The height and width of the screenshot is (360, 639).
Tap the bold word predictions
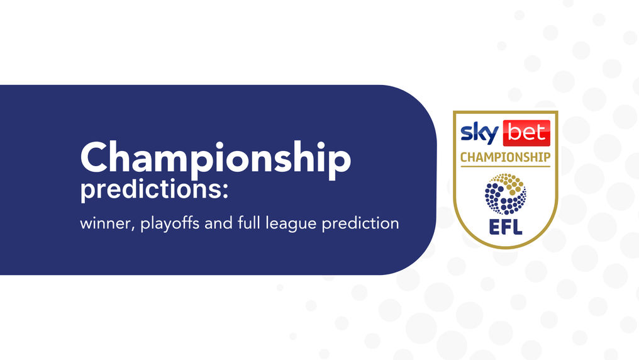[150, 190]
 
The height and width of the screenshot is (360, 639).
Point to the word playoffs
[170, 224]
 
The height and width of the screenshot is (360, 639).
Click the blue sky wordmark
[480, 133]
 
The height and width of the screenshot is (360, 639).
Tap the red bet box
[526, 133]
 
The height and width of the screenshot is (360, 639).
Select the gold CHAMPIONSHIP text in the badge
[505, 157]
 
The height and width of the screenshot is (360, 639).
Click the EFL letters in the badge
[505, 227]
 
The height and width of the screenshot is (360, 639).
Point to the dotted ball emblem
[505, 194]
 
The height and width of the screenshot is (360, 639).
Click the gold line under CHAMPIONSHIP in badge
[505, 166]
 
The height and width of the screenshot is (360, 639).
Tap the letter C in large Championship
[97, 157]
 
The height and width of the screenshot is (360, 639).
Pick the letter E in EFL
[494, 227]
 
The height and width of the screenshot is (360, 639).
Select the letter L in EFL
[518, 227]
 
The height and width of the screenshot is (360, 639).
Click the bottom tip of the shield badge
[505, 249]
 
